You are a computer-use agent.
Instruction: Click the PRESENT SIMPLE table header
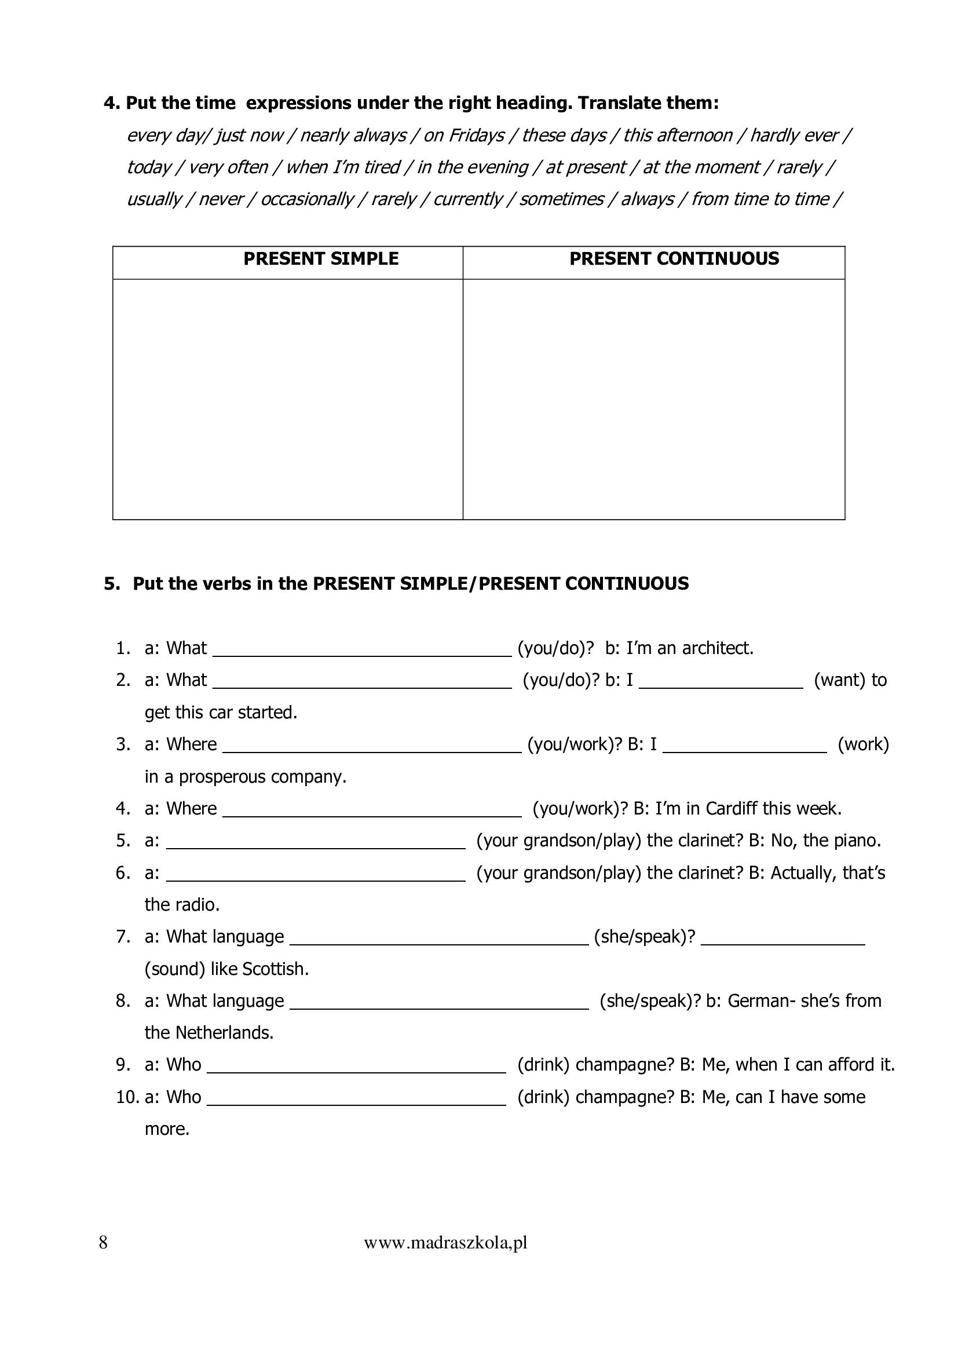point(321,258)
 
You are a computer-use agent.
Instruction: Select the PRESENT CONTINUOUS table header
point(674,258)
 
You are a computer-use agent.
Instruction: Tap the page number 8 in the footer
point(103,1243)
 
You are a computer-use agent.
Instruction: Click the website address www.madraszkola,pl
point(445,1243)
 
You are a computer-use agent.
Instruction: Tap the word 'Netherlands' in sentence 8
point(224,1033)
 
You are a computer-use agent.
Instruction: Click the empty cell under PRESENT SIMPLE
point(288,399)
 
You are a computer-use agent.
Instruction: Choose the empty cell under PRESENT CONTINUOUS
point(653,399)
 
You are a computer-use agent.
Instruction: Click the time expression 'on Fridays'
point(464,135)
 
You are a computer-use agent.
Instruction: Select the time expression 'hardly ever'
point(794,135)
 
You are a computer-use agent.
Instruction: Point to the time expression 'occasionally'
point(307,199)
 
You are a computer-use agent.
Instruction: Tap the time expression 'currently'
point(468,199)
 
